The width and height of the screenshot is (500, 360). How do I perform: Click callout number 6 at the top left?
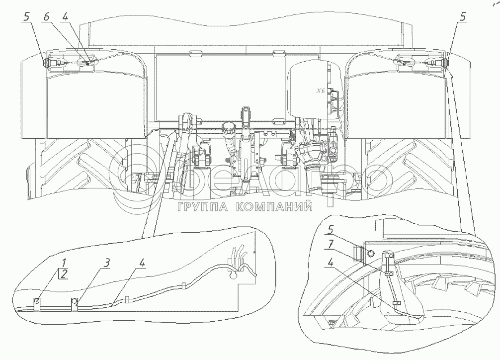[x=46, y=17]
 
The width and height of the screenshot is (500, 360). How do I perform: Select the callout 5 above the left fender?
[x=26, y=16]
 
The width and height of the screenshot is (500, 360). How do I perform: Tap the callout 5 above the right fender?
[x=463, y=17]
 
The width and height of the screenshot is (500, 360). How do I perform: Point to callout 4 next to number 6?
[x=65, y=17]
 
